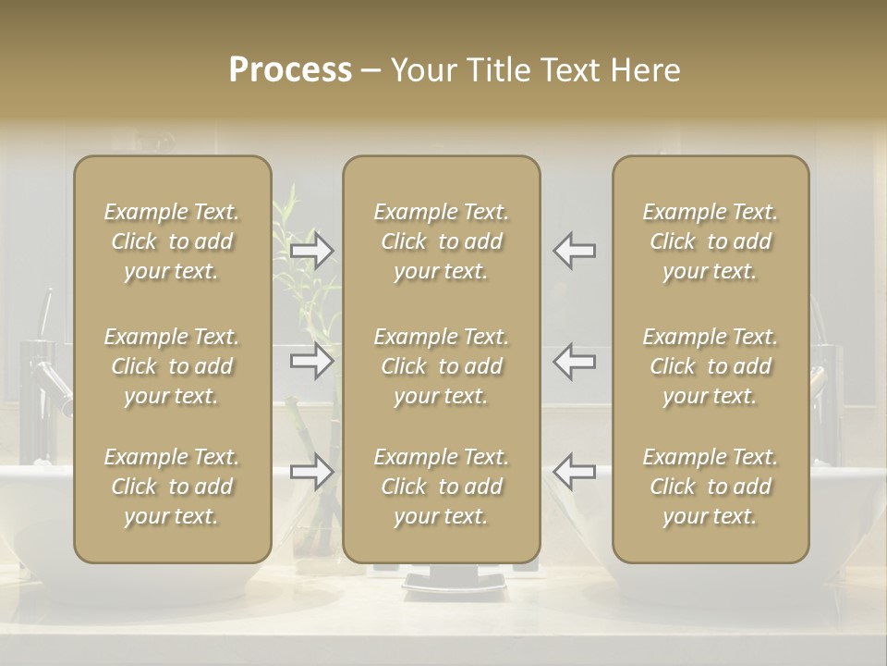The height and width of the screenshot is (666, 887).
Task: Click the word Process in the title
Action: pos(290,70)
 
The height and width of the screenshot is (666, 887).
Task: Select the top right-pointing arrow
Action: pos(311,250)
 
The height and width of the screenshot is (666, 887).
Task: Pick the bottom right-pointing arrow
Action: pos(311,472)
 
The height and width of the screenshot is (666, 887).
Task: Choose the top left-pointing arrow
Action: pos(575,250)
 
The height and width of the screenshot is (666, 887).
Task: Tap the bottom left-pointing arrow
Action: pos(575,472)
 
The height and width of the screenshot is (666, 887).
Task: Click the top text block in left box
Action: pos(172,241)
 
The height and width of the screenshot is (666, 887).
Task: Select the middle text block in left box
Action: pos(172,366)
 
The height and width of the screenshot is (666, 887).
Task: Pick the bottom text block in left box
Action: pos(172,487)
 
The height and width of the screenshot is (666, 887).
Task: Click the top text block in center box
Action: pos(441,241)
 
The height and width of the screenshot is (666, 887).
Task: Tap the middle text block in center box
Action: pos(441,366)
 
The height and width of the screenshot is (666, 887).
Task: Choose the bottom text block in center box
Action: pos(441,487)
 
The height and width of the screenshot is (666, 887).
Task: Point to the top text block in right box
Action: pos(710,241)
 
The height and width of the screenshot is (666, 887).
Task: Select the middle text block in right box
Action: pos(710,366)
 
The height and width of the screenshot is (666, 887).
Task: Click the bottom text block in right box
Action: pos(710,487)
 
